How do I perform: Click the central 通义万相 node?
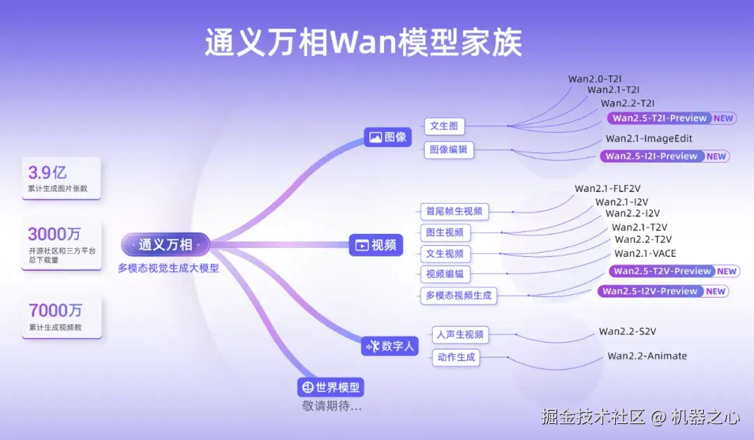coord(165,244)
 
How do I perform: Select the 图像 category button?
coord(387,137)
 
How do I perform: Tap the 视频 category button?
coord(376,245)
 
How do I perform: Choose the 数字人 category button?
coord(390,345)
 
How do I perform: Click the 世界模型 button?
coord(331,387)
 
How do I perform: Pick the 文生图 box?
coord(444,126)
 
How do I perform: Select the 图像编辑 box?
coord(448,149)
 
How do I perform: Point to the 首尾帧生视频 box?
coord(454,211)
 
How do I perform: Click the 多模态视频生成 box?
coord(459,295)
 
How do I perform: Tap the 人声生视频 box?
coord(460,335)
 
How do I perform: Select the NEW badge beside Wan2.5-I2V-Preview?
coord(716,291)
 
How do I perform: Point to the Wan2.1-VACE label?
coord(645,254)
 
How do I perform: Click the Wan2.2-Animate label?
coord(647,356)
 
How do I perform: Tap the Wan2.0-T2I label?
coord(594,78)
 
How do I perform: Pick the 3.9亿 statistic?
coord(47,173)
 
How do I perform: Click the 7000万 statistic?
coord(55,310)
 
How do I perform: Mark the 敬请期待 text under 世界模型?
coord(332,406)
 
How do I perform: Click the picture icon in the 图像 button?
coord(375,138)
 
